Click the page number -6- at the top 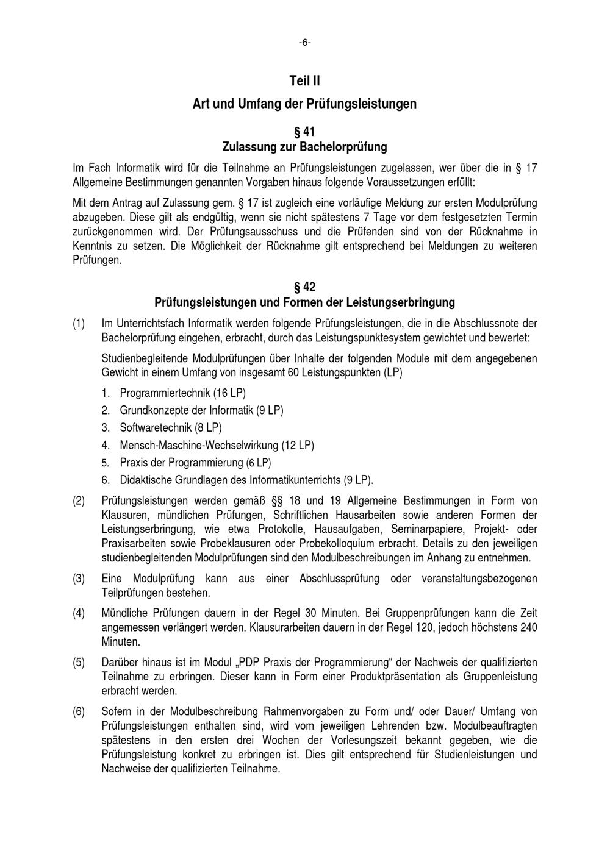304,42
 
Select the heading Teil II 304,80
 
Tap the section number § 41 304,132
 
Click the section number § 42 304,287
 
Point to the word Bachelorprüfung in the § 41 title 343,147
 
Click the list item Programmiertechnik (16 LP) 182,393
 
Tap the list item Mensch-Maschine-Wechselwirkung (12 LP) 217,446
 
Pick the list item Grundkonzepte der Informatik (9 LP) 201,411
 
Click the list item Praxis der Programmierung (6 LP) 195,463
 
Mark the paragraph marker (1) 79,323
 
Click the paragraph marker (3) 79,578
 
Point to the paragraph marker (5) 79,662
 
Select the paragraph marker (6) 79,711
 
